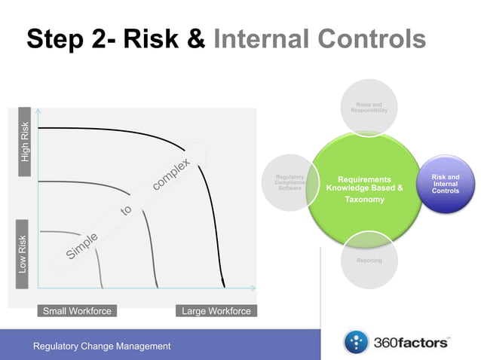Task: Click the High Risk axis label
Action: [x=26, y=142]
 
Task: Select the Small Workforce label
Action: [x=77, y=311]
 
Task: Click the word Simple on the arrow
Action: [x=82, y=246]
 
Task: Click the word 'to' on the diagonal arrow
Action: [x=127, y=212]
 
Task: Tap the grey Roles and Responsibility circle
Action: [x=369, y=109]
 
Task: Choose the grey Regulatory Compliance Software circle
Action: [x=290, y=184]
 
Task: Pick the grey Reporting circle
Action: [x=369, y=261]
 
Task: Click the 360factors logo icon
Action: [x=355, y=343]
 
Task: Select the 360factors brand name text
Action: [x=411, y=343]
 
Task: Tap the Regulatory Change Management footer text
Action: [x=102, y=346]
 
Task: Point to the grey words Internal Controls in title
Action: [x=320, y=39]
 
